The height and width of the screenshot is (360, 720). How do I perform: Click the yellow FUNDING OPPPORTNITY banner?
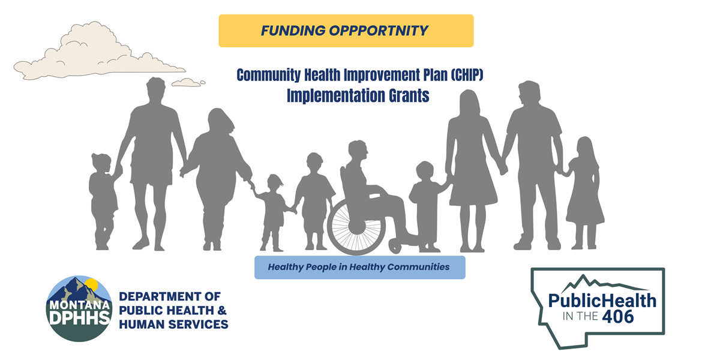point(346,31)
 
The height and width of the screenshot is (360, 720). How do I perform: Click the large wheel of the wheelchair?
point(355,224)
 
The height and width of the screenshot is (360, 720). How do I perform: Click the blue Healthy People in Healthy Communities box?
point(359,267)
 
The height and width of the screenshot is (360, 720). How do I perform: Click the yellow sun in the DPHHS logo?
point(91,284)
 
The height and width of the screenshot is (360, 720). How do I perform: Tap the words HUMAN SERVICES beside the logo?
point(173,325)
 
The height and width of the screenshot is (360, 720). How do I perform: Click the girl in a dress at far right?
point(583,192)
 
